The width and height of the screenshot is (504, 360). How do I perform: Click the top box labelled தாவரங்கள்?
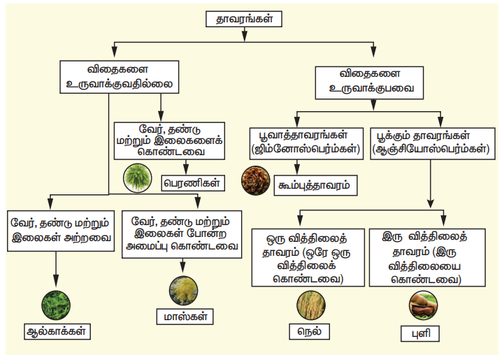tap(245, 20)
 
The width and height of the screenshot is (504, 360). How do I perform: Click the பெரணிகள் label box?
tap(192, 183)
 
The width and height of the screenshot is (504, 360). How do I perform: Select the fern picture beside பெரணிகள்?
tap(138, 178)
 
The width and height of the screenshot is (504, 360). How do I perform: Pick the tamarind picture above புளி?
tap(424, 304)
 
